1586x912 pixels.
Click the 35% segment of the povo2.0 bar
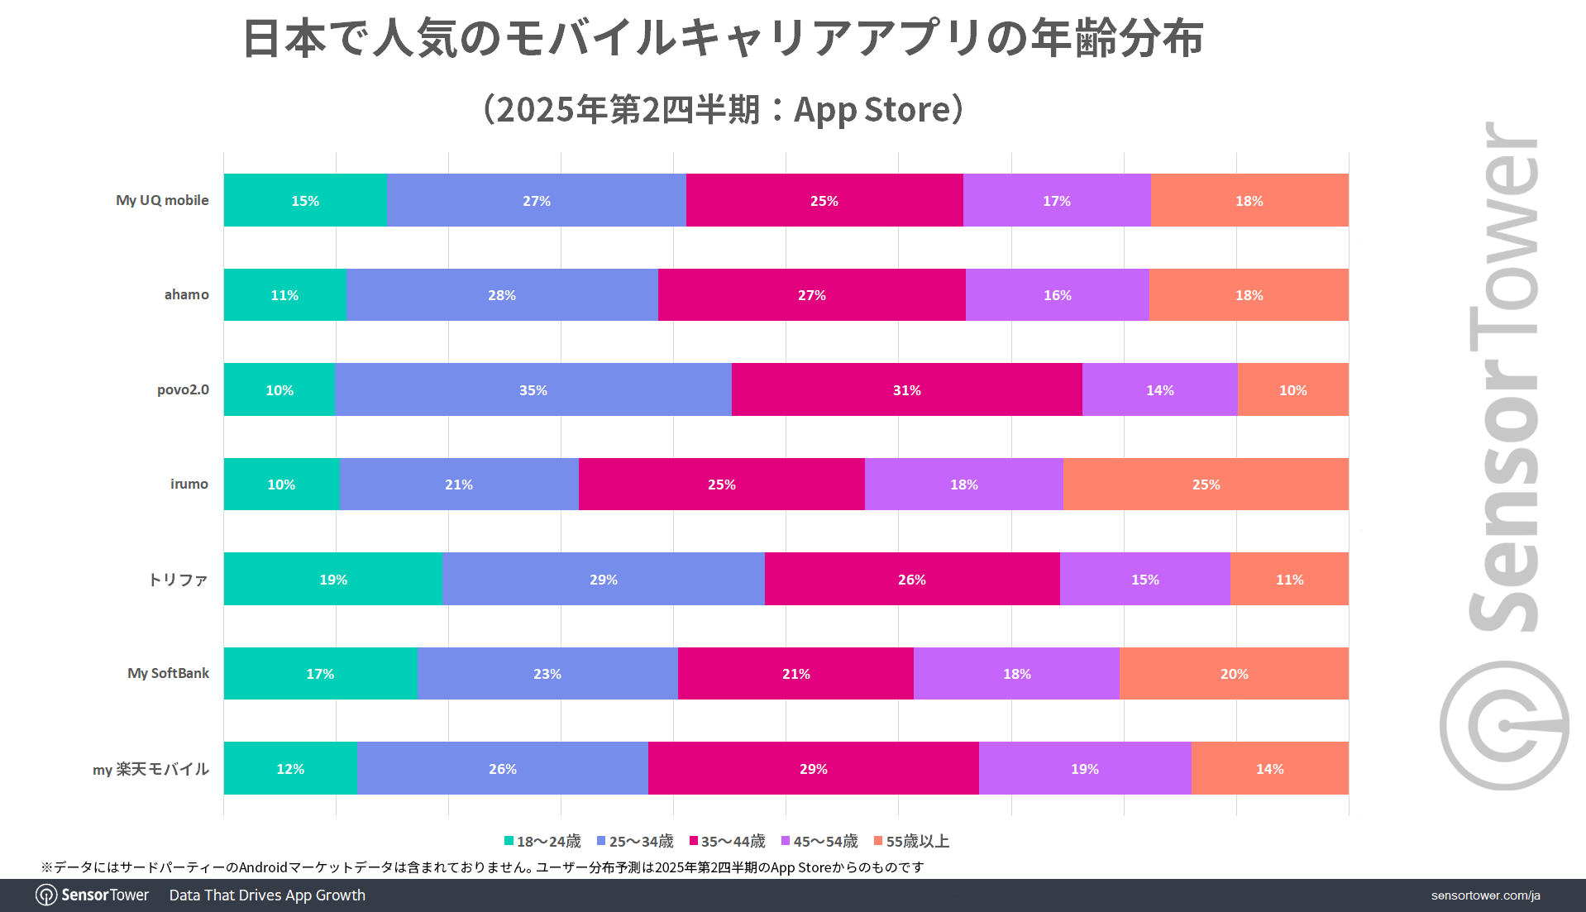(533, 389)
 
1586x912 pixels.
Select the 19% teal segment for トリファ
(333, 579)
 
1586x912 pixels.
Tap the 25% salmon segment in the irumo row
(1206, 484)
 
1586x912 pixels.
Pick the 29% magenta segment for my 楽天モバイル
(813, 768)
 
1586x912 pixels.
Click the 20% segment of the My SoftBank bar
(1234, 673)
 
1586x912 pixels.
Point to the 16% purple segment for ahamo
(1057, 294)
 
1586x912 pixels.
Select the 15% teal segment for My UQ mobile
(304, 200)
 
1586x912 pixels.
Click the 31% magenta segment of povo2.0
(906, 389)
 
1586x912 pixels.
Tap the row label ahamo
(186, 294)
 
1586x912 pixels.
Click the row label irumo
(189, 484)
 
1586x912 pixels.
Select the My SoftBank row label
(168, 673)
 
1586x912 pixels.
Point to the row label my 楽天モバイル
(150, 769)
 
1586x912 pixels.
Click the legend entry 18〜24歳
(542, 841)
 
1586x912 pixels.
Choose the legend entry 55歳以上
(911, 841)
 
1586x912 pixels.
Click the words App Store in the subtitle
(872, 109)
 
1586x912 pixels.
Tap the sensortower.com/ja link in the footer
(1485, 895)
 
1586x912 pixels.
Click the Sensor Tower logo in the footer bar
(92, 895)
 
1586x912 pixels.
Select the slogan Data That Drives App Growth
(267, 895)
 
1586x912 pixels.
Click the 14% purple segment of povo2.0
(1159, 389)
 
